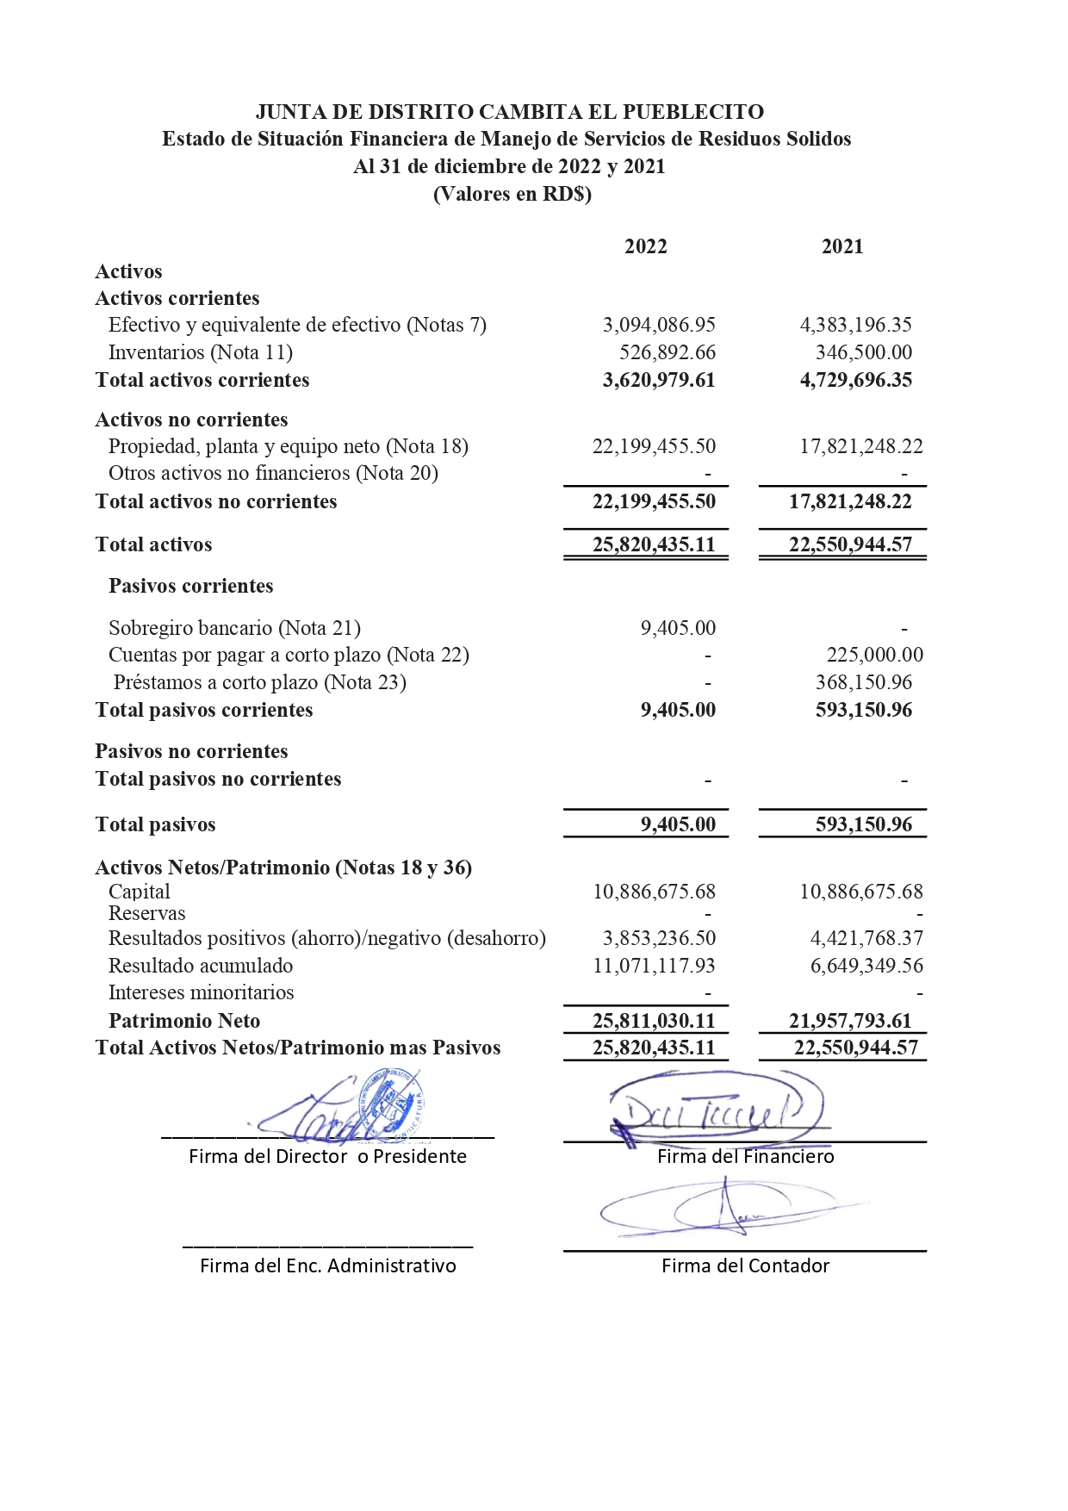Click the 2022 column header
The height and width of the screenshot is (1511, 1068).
pyautogui.click(x=645, y=246)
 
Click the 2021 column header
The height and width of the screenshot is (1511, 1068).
pyautogui.click(x=841, y=246)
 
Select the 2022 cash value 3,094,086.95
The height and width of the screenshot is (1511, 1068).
pyautogui.click(x=659, y=325)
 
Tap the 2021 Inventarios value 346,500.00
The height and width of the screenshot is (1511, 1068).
pyautogui.click(x=863, y=352)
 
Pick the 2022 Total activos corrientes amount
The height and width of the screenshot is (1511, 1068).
pyautogui.click(x=659, y=380)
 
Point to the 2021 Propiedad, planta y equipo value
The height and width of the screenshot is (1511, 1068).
pyautogui.click(x=860, y=446)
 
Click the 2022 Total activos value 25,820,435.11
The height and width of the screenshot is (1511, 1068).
pyautogui.click(x=654, y=544)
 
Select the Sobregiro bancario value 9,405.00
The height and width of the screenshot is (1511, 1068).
pyautogui.click(x=678, y=628)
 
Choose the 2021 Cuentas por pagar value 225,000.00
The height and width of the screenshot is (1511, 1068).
pyautogui.click(x=874, y=655)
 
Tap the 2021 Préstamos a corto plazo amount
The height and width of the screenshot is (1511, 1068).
pyautogui.click(x=863, y=682)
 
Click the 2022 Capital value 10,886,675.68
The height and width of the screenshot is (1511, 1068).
pyautogui.click(x=654, y=892)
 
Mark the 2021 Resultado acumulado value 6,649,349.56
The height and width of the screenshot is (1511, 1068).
pyautogui.click(x=866, y=966)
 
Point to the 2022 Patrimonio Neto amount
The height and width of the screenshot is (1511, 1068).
pyautogui.click(x=654, y=1021)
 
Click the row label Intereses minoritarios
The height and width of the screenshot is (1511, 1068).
pyautogui.click(x=201, y=992)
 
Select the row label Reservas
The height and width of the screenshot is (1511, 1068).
pyautogui.click(x=146, y=913)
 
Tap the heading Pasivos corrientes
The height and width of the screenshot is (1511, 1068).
pyautogui.click(x=190, y=586)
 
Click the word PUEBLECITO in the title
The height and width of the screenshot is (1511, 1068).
pyautogui.click(x=692, y=112)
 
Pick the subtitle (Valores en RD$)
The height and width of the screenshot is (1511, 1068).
pyautogui.click(x=512, y=194)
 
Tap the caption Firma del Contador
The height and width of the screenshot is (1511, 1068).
pyautogui.click(x=745, y=1265)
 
